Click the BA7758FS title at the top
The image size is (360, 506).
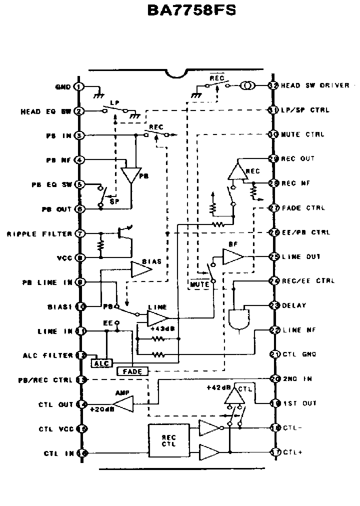pyautogui.click(x=192, y=11)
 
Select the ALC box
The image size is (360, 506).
pyautogui.click(x=102, y=362)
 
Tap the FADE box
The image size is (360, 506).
pyautogui.click(x=132, y=371)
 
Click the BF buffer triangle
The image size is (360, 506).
pyautogui.click(x=232, y=256)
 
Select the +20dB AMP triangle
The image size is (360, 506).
pyautogui.click(x=124, y=403)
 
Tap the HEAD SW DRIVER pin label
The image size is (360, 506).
pyautogui.click(x=315, y=85)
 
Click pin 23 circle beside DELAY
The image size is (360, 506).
pyautogui.click(x=273, y=305)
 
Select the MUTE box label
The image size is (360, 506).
pyautogui.click(x=200, y=284)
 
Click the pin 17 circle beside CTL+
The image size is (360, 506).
pyautogui.click(x=273, y=452)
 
